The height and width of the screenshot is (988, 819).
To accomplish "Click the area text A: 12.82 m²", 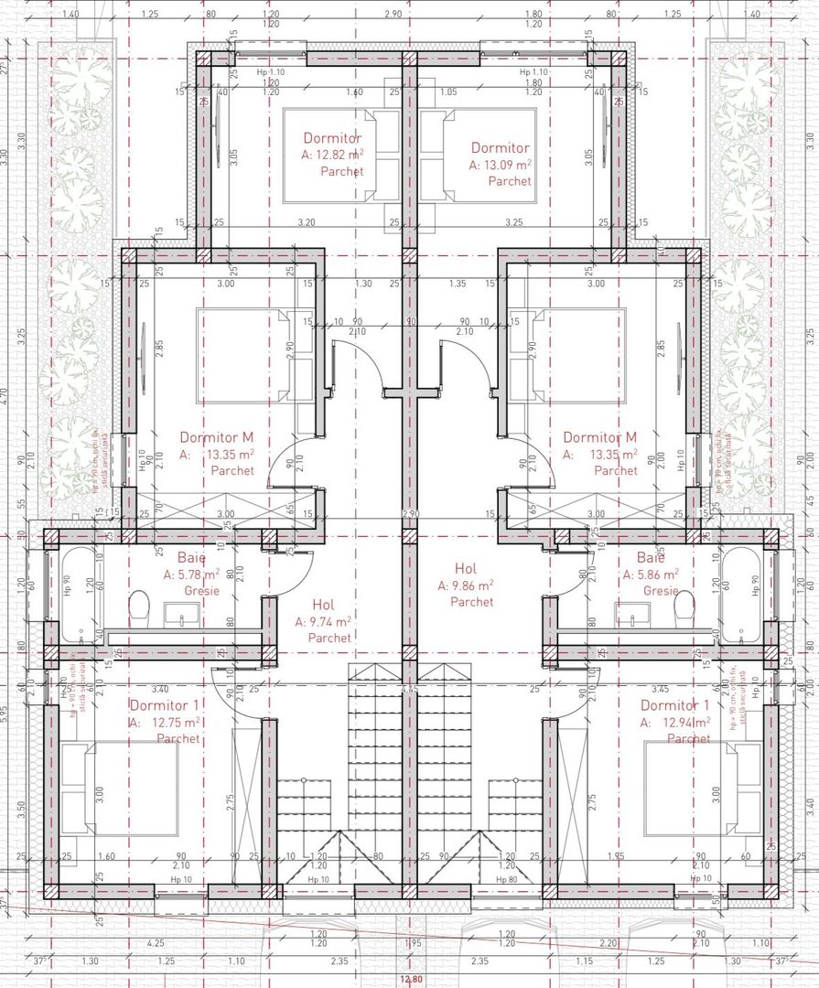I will click(333, 155).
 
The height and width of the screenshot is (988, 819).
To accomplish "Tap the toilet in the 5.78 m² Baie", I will click(140, 606).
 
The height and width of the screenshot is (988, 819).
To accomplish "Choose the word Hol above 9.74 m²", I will click(323, 605).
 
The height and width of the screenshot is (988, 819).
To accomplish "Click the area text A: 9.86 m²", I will click(465, 585).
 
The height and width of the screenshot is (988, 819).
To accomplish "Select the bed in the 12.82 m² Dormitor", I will click(341, 156).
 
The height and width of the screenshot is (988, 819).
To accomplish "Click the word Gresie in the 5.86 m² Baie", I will click(661, 591).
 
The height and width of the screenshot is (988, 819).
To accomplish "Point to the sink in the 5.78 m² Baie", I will click(176, 615).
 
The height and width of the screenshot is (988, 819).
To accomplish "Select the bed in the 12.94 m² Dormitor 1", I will click(701, 788).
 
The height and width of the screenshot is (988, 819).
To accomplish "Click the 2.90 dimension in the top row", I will click(393, 15).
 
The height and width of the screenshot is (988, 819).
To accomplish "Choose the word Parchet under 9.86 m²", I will click(471, 602).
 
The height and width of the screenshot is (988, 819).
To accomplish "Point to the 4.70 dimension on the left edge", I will click(5, 395).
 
